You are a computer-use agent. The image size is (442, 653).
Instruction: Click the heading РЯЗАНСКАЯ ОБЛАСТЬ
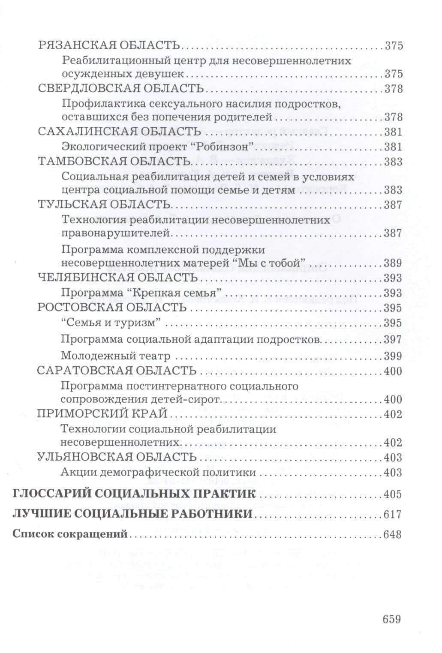point(109,45)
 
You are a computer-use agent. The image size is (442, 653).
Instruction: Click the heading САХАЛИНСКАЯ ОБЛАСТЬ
point(119,132)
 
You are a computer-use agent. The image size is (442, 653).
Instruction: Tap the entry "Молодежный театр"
point(116,356)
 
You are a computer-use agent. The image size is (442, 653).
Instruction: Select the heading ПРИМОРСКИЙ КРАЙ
point(102,414)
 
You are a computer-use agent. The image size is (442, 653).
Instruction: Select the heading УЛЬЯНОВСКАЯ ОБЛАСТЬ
point(117,457)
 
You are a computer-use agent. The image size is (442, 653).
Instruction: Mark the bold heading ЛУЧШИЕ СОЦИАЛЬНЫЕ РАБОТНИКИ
point(132,514)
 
